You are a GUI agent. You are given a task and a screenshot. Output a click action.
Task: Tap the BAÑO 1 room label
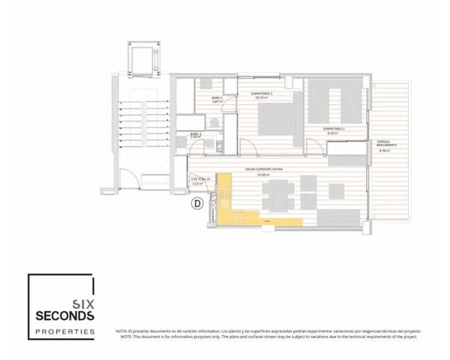pyautogui.click(x=217, y=97)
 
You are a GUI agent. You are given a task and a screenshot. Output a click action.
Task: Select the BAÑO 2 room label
pyautogui.click(x=194, y=136)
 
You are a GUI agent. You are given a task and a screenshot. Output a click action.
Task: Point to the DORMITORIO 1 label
pyautogui.click(x=261, y=93)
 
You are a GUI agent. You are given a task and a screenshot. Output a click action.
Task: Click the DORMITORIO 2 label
pyautogui.click(x=333, y=129)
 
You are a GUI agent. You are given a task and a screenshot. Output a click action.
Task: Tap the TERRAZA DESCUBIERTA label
pyautogui.click(x=387, y=143)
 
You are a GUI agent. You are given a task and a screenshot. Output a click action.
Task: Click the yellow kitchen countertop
pyautogui.click(x=255, y=220)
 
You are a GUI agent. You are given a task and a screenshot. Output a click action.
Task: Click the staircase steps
pyautogui.click(x=142, y=116)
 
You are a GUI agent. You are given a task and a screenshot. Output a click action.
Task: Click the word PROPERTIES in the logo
pyautogui.click(x=66, y=331)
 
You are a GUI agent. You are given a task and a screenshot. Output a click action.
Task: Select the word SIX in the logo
pyautogui.click(x=82, y=302)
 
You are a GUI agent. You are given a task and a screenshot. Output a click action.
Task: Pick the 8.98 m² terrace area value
pyautogui.click(x=385, y=151)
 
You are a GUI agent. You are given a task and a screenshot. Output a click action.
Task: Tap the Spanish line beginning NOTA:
pyautogui.click(x=268, y=331)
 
